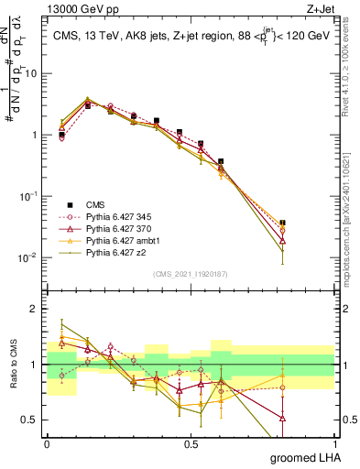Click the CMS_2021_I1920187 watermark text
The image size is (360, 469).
pyautogui.click(x=190, y=273)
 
